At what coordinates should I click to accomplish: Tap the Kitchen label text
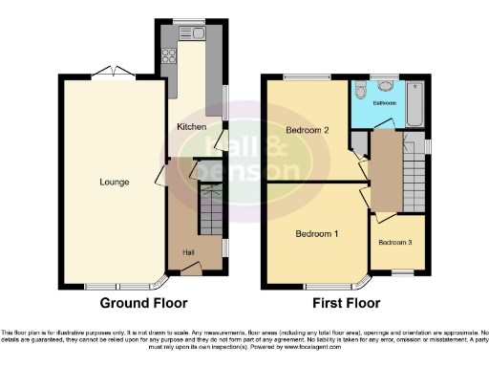point(192,126)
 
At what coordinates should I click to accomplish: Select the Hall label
point(190,252)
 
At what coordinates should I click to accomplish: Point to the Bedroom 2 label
point(308,130)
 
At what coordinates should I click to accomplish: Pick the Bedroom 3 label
point(396,243)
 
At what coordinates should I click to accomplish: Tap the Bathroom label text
point(384,101)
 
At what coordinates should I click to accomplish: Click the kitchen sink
point(198,34)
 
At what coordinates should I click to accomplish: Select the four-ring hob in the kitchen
point(170,55)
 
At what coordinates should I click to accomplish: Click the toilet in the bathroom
point(360,91)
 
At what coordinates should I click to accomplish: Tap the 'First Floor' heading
point(347,303)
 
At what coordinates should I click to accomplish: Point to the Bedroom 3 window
point(402,273)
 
